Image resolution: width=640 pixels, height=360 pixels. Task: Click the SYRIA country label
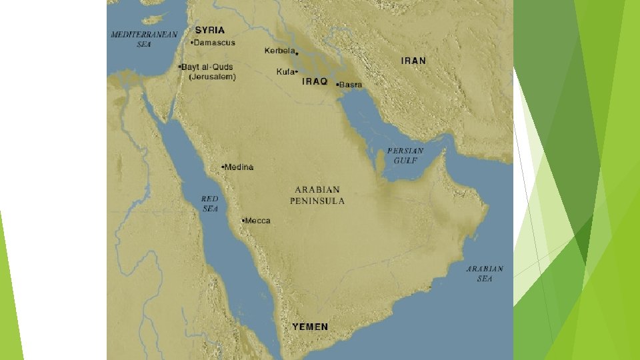click(209, 30)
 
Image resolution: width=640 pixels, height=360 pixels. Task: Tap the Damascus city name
click(215, 43)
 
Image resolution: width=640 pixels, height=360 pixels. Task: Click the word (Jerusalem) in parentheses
click(212, 77)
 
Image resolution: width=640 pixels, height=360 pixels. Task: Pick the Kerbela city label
click(279, 51)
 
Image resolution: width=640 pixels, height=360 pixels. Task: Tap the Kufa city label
click(285, 71)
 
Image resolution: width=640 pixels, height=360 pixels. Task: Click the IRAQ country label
click(315, 81)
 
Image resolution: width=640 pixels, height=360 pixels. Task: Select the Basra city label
click(351, 85)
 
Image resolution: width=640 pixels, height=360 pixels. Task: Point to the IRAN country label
click(413, 61)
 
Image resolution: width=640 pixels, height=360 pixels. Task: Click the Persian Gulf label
click(405, 155)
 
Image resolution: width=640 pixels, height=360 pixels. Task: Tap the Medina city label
click(239, 167)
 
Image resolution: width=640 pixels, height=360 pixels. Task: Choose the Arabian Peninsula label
click(317, 195)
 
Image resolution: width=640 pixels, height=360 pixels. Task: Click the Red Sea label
click(210, 203)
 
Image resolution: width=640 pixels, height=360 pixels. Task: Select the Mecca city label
click(258, 221)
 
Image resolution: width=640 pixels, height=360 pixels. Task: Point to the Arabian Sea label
click(485, 273)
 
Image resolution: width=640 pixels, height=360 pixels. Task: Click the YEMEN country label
click(310, 327)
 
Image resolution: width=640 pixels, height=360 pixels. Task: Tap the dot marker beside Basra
click(337, 85)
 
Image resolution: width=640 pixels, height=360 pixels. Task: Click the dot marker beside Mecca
click(243, 220)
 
